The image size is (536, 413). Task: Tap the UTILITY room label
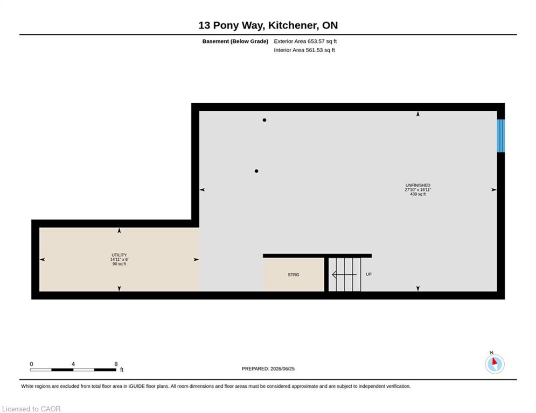point(119,255)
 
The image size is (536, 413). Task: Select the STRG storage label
point(293,274)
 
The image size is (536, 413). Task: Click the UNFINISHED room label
point(417,186)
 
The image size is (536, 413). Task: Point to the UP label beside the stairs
point(368,274)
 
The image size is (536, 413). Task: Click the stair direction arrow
point(344,274)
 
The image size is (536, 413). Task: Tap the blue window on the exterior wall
point(500,136)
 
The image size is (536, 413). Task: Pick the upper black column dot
point(264,120)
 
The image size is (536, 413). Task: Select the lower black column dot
point(256,171)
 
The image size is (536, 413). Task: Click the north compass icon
point(495,364)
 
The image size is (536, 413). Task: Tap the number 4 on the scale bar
point(73,364)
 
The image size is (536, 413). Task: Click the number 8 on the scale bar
point(116,364)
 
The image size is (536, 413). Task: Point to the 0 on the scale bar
point(31,364)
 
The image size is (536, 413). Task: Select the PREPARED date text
point(268,368)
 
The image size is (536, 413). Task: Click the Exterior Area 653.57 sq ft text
point(305,41)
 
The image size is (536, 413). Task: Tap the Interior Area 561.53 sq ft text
point(304,50)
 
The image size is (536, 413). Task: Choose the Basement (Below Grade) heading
point(235,41)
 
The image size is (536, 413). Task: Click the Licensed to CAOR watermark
point(31,409)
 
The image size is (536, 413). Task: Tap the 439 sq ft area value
point(417,194)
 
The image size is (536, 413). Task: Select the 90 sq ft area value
point(119,264)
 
